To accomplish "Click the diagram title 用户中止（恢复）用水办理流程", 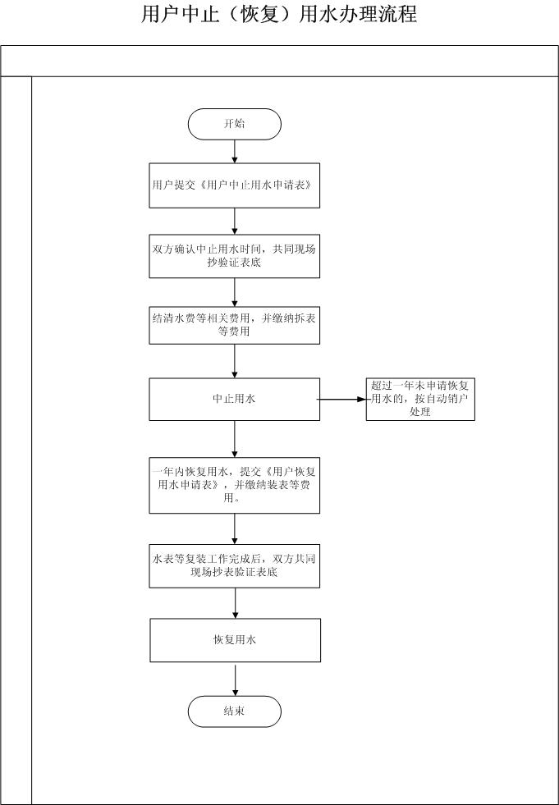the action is (x=279, y=14).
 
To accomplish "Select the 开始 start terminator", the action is (x=234, y=124).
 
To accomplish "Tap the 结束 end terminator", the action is (x=234, y=711).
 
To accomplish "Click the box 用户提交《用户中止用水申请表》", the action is (x=234, y=185).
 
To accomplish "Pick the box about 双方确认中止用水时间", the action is (x=234, y=256).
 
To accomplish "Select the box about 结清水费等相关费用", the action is (x=234, y=325).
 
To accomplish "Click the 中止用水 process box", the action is (x=234, y=400).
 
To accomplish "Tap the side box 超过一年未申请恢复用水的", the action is (x=420, y=400).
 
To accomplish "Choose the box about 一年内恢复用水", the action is (x=234, y=485).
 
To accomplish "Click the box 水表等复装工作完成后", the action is (x=234, y=565).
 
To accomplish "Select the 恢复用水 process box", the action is (x=236, y=640).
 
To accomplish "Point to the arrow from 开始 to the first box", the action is (x=234, y=152).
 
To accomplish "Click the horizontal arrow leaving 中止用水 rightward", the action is (x=342, y=400).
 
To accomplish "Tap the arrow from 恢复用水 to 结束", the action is (x=236, y=681).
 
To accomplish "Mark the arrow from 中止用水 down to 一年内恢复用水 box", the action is (x=234, y=439).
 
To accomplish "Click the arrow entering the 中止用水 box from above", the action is (x=234, y=361).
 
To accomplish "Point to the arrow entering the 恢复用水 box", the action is (x=236, y=603).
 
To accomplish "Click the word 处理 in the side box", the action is (x=419, y=412).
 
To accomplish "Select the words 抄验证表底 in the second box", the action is (x=235, y=263).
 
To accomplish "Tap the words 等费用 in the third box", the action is (x=234, y=332).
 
